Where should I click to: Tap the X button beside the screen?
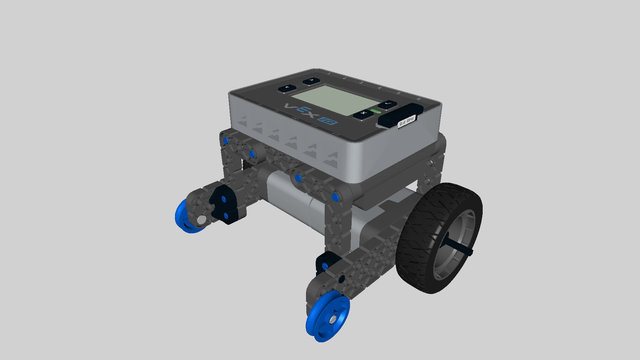click(362, 114)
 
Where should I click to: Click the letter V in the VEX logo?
click(292, 105)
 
